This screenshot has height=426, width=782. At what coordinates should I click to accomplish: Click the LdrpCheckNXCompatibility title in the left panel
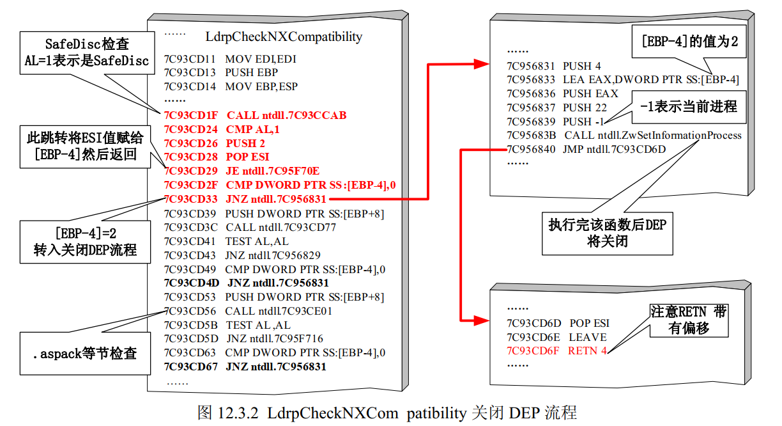point(284,36)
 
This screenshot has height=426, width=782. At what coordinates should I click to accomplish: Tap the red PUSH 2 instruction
point(246,143)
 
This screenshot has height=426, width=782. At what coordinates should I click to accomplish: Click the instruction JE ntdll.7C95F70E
point(273,171)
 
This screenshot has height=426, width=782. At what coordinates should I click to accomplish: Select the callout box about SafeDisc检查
point(87,53)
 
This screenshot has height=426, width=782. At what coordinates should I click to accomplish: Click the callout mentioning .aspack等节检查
point(85,352)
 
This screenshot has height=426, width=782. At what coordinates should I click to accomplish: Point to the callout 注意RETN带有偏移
point(689,320)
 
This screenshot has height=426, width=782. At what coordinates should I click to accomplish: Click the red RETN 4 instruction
point(587,351)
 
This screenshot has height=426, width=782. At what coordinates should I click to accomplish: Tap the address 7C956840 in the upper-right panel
point(530,149)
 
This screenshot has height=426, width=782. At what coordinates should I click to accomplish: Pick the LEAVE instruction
point(588,337)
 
